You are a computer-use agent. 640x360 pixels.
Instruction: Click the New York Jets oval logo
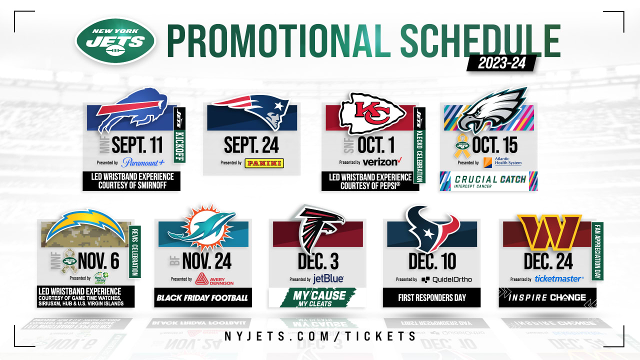pyautogui.click(x=116, y=41)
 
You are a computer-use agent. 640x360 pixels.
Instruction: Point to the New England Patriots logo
pyautogui.click(x=251, y=110)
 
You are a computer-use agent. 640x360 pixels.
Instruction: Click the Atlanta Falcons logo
pyautogui.click(x=319, y=227)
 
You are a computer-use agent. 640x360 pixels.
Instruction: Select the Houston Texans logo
pyautogui.click(x=432, y=229)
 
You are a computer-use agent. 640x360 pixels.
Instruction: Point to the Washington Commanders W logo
pyautogui.click(x=549, y=231)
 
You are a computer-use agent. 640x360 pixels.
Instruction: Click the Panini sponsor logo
pyautogui.click(x=264, y=163)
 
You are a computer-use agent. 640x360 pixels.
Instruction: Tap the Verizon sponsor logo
pyautogui.click(x=382, y=162)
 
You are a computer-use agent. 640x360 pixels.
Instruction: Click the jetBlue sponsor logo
pyautogui.click(x=328, y=279)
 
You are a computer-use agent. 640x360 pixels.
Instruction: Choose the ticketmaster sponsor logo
pyautogui.click(x=559, y=279)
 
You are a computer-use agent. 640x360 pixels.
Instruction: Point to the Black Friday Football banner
pyautogui.click(x=202, y=298)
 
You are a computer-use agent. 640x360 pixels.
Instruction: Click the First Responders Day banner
pyautogui.click(x=432, y=297)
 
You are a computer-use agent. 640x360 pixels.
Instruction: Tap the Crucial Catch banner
pyautogui.click(x=488, y=181)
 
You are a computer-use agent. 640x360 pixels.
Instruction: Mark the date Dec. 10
pyautogui.click(x=432, y=261)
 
